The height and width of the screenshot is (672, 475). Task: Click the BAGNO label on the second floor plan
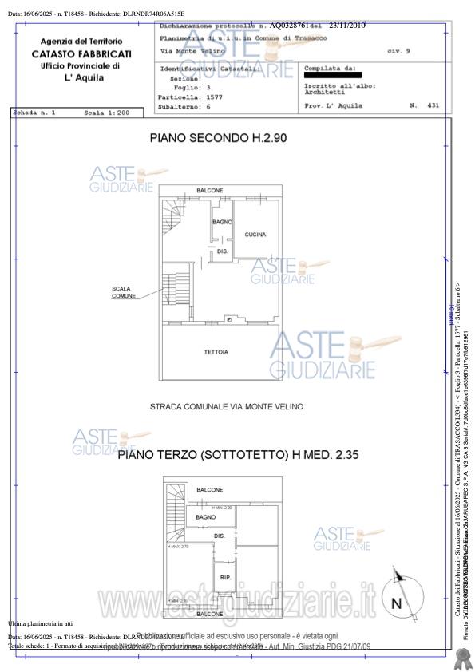(222, 221)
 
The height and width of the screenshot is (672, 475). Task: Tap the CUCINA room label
(255, 235)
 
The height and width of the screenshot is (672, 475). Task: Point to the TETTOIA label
(216, 352)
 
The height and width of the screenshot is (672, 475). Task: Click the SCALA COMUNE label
(123, 292)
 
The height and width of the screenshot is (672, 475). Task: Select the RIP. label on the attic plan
(225, 577)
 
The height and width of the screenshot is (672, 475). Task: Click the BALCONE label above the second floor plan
(210, 190)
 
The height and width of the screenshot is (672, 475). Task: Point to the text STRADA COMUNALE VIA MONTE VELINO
(227, 407)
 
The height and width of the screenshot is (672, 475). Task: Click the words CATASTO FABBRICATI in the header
(81, 53)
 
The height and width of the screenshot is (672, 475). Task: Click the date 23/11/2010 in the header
(347, 26)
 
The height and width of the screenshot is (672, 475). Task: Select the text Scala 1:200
(106, 114)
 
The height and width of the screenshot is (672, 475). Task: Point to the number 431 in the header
(433, 105)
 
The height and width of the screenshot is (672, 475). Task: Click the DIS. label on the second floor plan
(223, 251)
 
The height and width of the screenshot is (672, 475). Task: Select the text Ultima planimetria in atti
(40, 623)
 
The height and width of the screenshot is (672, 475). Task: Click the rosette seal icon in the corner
(460, 657)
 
